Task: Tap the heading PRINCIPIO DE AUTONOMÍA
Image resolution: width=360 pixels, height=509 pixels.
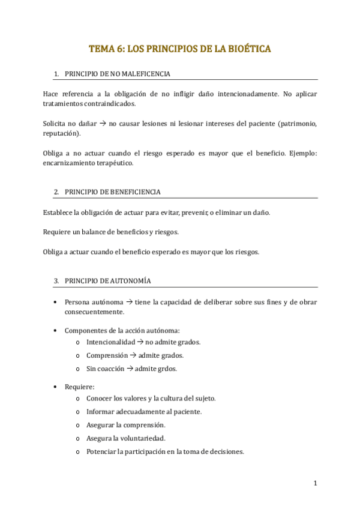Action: coord(107,280)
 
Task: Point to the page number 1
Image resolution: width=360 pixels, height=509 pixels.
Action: coord(315,483)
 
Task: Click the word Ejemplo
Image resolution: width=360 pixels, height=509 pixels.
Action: coord(302,153)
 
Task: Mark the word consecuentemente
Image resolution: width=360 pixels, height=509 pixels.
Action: coord(94,312)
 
